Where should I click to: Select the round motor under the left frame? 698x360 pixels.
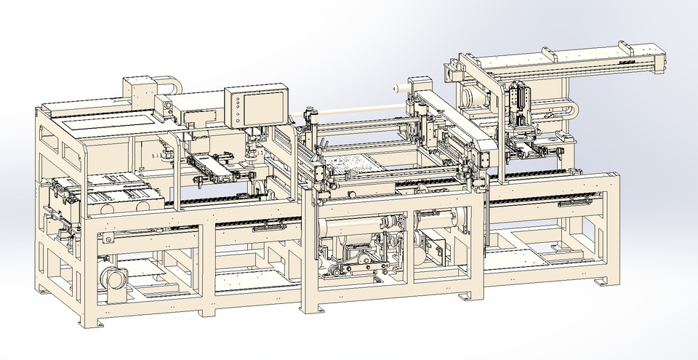coord(114,279)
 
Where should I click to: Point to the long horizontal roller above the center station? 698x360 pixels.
coord(356,111)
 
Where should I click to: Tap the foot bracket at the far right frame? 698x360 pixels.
coord(601,281)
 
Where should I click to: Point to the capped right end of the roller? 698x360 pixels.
coord(396,88)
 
